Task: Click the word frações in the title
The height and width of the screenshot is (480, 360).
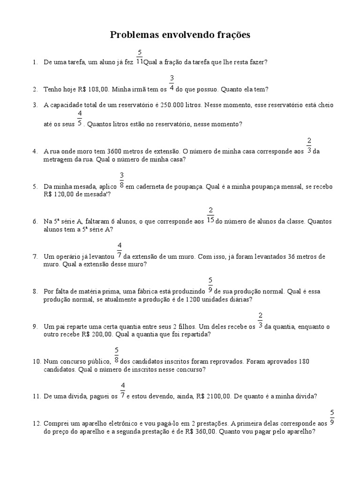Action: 232,35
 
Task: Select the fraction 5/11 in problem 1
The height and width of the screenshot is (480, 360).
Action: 140,57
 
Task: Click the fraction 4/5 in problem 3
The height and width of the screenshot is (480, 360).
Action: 80,119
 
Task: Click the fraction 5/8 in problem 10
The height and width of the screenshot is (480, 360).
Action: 116,356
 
